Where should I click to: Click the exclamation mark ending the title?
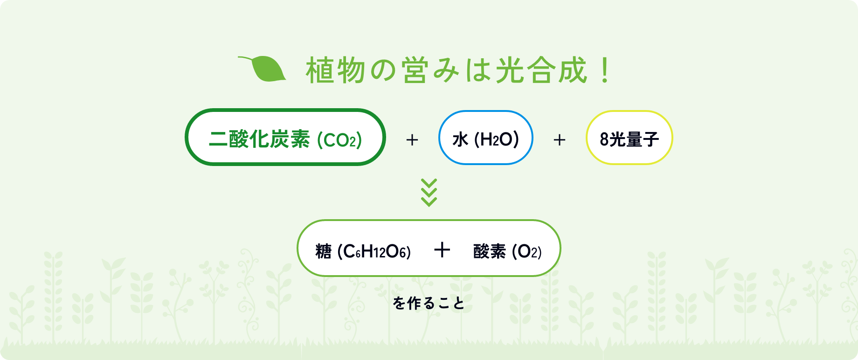(x=605, y=70)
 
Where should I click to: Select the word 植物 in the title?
(x=335, y=70)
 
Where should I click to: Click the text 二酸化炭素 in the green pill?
(x=259, y=139)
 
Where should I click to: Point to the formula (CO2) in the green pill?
(x=339, y=140)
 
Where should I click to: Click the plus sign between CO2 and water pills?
(x=412, y=140)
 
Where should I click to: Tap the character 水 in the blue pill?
(x=460, y=139)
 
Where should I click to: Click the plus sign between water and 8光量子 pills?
(x=560, y=140)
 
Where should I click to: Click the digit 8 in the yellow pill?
(x=604, y=139)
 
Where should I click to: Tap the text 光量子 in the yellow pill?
(x=634, y=139)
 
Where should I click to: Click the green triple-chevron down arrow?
(x=429, y=192)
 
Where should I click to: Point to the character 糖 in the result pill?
(x=323, y=251)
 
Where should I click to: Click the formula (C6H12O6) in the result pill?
(x=374, y=252)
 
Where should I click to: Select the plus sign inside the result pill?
(x=442, y=250)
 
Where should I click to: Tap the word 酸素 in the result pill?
(x=490, y=251)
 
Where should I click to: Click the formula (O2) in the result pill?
(x=527, y=252)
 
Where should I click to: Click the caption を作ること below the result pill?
(x=429, y=303)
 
